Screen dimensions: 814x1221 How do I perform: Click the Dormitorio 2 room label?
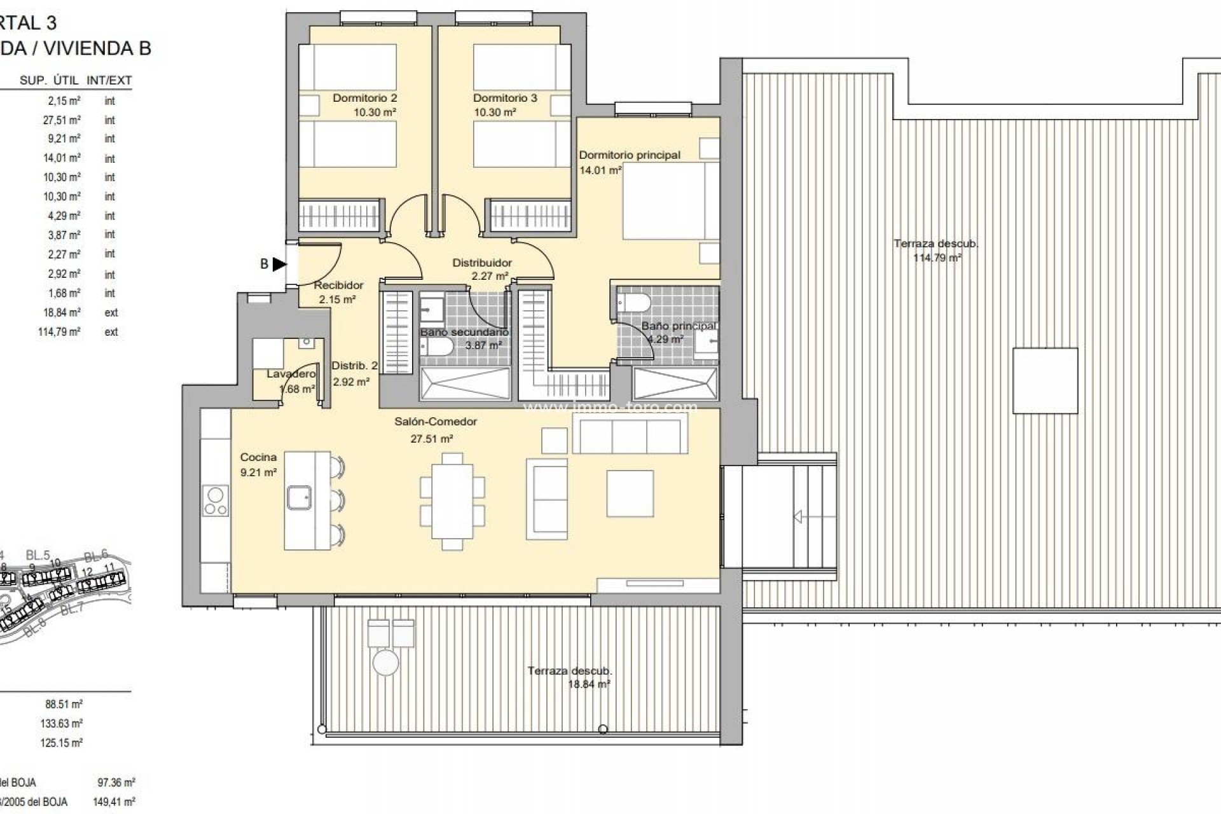point(364,98)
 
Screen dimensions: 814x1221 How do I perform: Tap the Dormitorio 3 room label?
point(505,98)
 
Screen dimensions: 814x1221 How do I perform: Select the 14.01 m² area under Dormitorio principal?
point(600,170)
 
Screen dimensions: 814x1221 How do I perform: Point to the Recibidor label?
point(338,286)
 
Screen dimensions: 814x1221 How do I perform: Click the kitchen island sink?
point(298,498)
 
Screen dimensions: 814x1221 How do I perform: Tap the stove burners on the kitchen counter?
point(215,501)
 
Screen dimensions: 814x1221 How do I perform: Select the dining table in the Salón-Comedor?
point(452,501)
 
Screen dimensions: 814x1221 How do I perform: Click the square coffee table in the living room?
point(630,493)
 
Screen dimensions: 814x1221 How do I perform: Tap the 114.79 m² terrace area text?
point(937,258)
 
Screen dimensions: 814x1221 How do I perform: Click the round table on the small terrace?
point(385,663)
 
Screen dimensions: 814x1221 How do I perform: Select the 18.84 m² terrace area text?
point(589,684)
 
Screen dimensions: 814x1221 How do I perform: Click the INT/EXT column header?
point(109,80)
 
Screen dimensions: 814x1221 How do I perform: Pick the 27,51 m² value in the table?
point(62,120)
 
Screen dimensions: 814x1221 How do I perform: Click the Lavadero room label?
point(291,374)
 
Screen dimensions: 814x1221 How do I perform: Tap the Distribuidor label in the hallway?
point(482,263)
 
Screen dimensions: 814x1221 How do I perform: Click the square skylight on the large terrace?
point(1045,381)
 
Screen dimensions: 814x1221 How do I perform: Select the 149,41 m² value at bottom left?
point(114,802)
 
